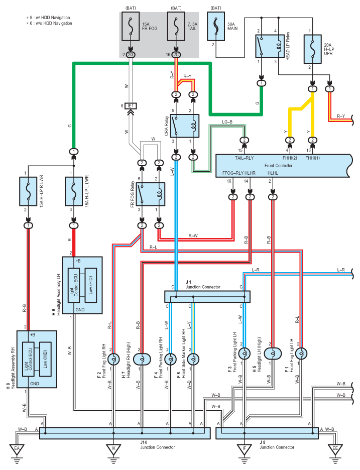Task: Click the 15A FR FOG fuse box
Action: coord(131,27)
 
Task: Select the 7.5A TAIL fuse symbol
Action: coord(176,27)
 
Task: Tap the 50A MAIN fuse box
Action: coord(216,27)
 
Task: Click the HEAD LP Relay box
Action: coord(270,46)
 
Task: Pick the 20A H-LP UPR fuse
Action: coord(313,49)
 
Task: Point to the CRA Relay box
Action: coord(185,126)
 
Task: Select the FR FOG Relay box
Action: coord(151,194)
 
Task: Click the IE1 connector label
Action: coord(131,106)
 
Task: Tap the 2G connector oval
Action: coord(131,55)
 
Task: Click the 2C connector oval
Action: coord(176,55)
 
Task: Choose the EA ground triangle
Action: coord(17,449)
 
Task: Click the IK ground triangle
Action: coord(113,449)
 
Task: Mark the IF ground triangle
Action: coord(245,449)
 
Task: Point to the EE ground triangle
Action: coord(335,449)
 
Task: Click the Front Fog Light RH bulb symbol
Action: coord(113,359)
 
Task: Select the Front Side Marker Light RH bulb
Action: coord(193,359)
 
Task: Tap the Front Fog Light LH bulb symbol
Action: coord(301,354)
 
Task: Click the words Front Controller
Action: coord(278,166)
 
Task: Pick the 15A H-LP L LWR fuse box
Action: coord(74,191)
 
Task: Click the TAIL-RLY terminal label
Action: coord(245,158)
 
